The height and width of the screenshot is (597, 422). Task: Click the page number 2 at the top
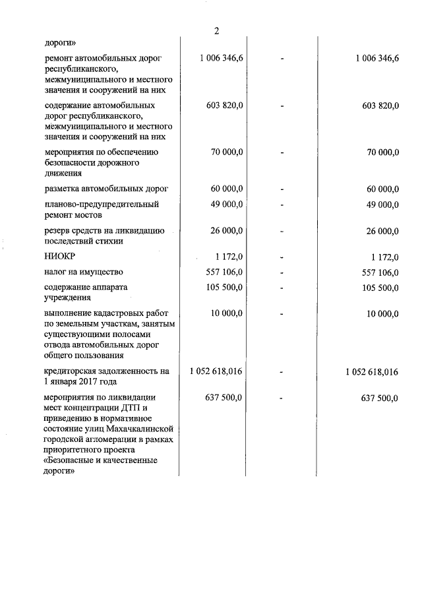216,32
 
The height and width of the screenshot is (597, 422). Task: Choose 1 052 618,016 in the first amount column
216,372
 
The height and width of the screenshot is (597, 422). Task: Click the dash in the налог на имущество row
282,272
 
